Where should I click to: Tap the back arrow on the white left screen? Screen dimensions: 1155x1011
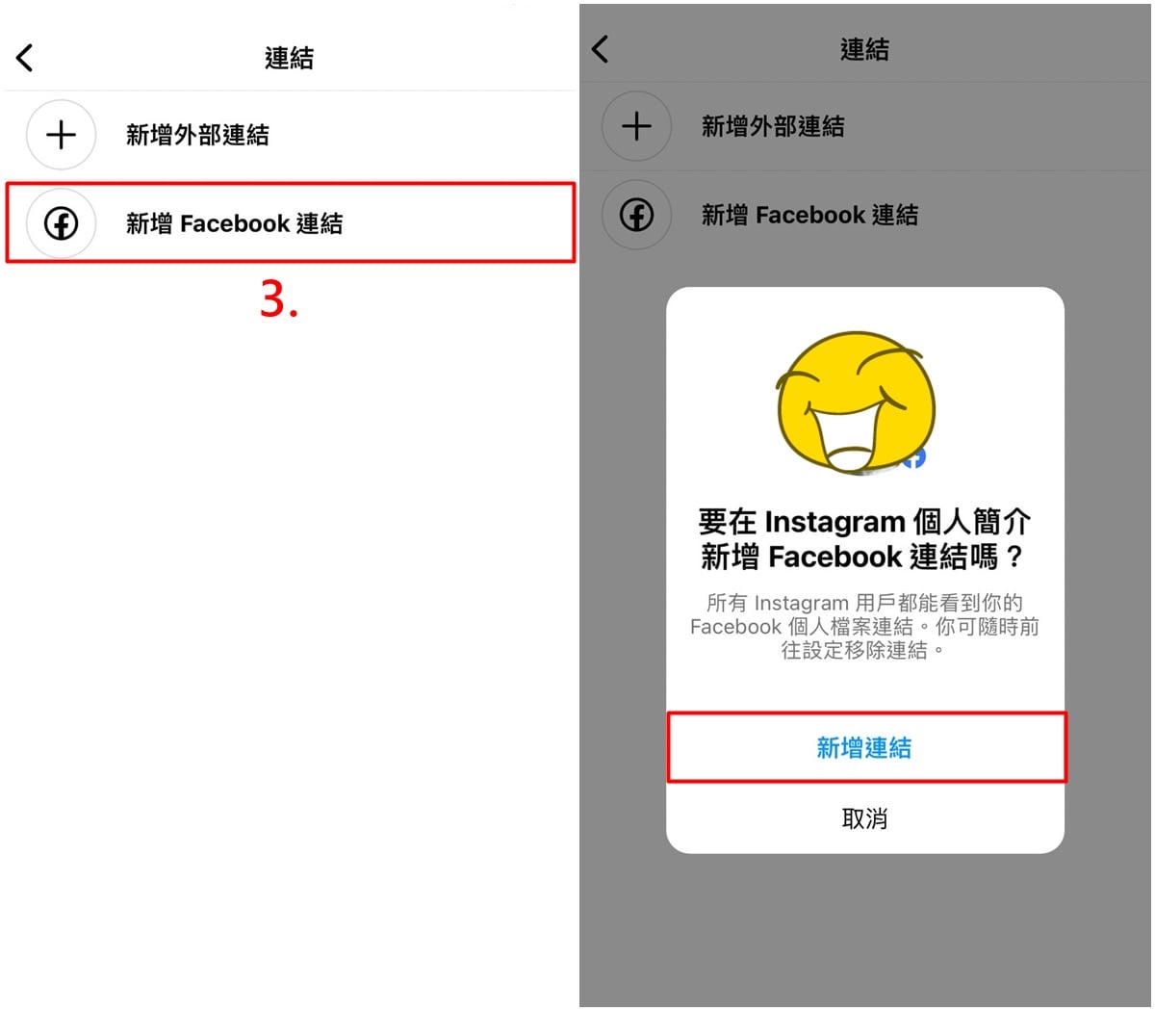pos(24,58)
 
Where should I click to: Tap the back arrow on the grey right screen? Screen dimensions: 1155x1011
pos(600,49)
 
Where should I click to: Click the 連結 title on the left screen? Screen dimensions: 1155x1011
pos(289,58)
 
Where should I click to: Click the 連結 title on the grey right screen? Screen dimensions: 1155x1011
pos(864,49)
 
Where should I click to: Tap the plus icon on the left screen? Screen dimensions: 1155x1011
pos(61,135)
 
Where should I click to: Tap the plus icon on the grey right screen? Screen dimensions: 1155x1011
pos(636,126)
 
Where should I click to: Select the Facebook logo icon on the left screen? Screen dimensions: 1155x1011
pos(61,223)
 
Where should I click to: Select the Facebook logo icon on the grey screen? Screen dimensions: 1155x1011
pos(636,215)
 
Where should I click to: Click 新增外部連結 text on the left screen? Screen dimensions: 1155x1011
pos(197,135)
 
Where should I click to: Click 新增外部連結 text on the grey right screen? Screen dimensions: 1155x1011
pos(773,126)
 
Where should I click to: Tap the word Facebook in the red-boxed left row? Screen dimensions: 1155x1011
pos(235,223)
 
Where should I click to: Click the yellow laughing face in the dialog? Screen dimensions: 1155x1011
pos(856,402)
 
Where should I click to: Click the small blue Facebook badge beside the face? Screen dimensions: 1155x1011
pos(915,457)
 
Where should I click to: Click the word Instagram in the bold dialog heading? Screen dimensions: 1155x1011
pos(834,521)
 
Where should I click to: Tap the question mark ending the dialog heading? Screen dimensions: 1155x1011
pos(1014,557)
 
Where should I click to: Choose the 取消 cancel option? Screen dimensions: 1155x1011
pos(864,818)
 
